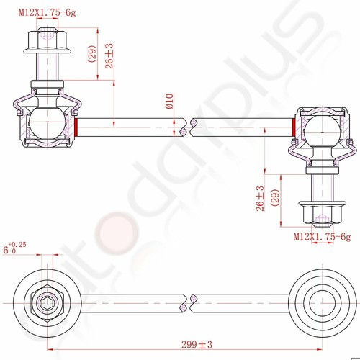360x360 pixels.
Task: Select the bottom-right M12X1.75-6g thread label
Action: tap(322, 235)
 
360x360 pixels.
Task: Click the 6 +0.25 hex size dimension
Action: tap(14, 249)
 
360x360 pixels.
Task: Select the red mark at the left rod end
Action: tap(76, 127)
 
